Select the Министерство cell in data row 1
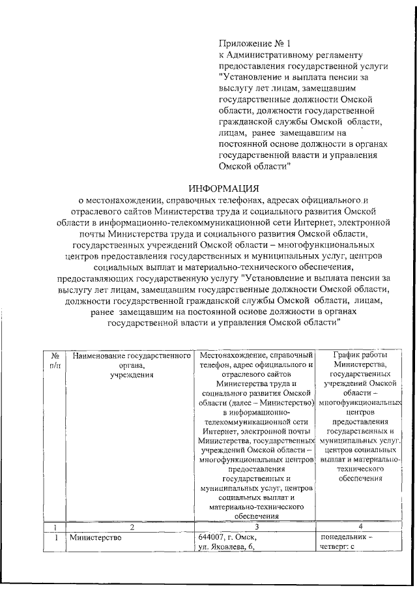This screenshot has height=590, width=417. [97, 538]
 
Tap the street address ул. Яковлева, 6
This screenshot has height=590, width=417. [225, 548]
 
